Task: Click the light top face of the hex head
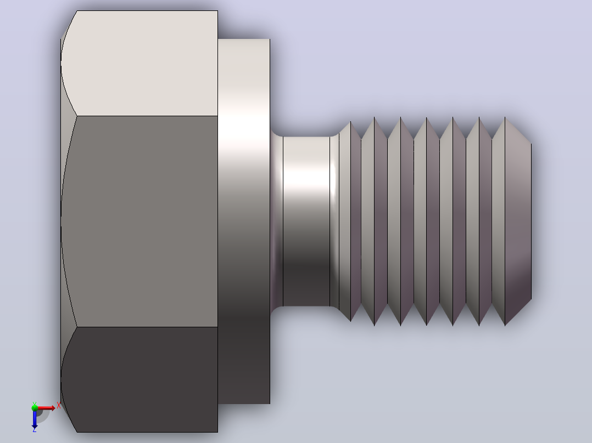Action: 143,64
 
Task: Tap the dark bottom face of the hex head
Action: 143,379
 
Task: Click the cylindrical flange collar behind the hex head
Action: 244,222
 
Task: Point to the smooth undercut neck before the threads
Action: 306,222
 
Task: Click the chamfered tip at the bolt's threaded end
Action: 518,222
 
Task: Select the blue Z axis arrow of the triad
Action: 35,419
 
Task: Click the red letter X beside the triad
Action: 59,406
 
